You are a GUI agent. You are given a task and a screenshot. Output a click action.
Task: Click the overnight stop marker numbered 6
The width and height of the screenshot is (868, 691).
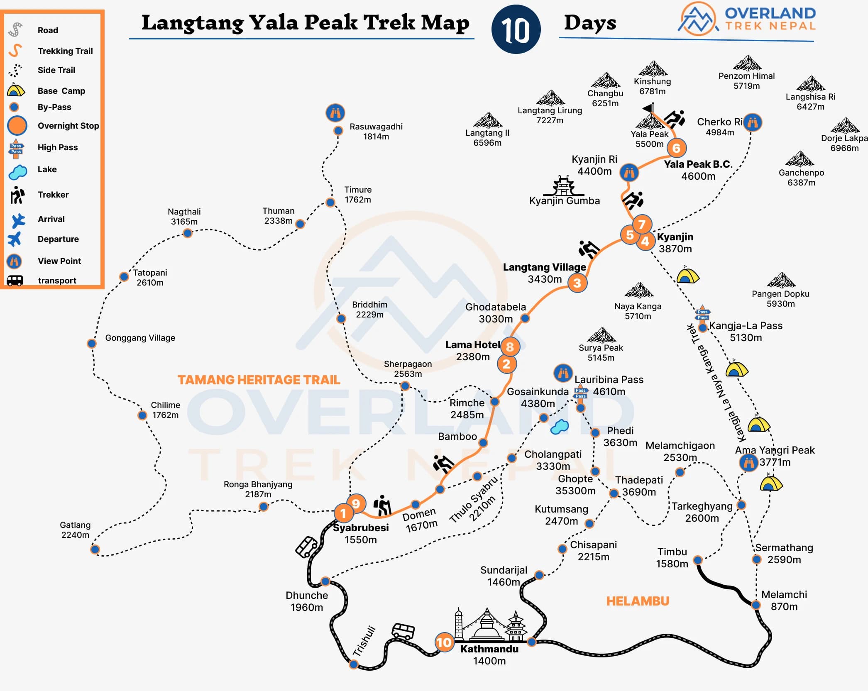676,148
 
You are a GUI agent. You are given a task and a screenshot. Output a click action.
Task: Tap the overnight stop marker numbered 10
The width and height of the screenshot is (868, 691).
444,642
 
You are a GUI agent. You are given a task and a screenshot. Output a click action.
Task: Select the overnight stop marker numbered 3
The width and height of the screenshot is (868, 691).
577,283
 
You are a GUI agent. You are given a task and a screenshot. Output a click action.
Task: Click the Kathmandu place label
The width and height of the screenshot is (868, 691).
489,649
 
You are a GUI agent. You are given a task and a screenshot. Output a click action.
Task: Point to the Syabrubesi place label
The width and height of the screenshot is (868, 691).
361,528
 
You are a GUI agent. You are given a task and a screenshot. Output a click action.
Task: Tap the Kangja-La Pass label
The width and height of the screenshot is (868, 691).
746,326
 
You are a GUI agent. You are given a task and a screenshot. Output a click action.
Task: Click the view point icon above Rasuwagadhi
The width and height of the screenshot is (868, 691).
335,112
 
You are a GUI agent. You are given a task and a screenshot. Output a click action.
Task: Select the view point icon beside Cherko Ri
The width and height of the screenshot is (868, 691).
752,122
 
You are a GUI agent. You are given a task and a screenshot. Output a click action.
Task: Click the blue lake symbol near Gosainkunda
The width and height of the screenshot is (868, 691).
559,427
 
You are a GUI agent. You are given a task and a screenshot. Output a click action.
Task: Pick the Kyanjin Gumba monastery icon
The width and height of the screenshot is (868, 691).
563,186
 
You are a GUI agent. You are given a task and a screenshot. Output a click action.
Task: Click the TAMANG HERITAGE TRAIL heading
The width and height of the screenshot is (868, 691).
259,380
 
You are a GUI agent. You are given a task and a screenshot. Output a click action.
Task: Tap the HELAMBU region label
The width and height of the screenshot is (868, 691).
638,601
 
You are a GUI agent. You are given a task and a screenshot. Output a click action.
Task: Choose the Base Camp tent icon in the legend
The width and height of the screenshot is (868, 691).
16,90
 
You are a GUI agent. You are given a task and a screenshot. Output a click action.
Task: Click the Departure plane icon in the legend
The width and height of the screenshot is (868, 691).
15,239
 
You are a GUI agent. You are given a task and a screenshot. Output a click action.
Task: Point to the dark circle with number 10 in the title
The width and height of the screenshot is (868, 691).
516,29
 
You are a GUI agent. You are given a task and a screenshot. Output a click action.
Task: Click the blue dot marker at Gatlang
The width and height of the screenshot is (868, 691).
95,549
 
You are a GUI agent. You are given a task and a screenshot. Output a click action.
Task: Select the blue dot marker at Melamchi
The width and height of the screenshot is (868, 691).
756,605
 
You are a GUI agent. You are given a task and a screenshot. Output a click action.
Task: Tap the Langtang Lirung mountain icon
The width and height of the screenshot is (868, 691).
550,98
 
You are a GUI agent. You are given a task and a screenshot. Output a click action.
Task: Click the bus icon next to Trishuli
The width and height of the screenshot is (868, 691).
403,631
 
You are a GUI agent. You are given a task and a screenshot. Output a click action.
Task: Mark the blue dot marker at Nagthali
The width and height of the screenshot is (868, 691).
188,233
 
